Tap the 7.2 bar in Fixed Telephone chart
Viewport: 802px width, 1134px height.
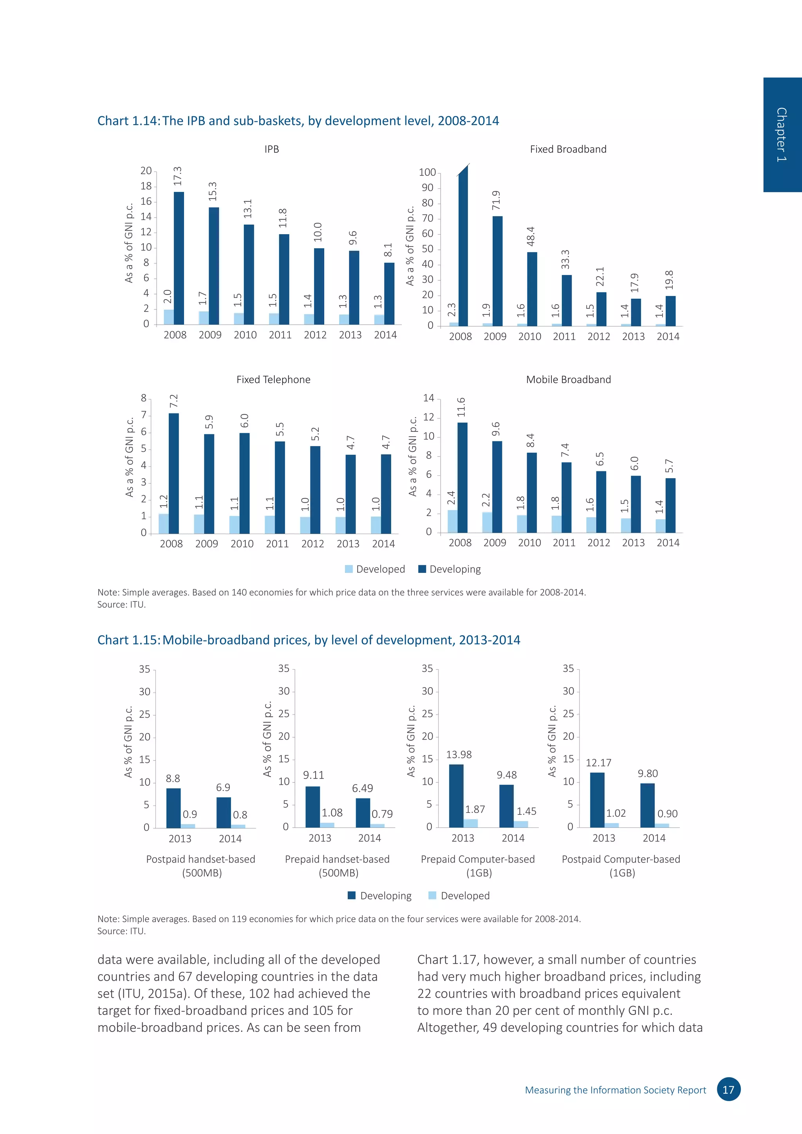click(174, 473)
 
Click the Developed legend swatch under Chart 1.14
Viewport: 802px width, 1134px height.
click(349, 569)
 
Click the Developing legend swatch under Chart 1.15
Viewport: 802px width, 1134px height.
click(352, 896)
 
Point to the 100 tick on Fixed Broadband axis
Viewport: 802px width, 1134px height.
click(427, 172)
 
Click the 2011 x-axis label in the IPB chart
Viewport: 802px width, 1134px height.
click(280, 335)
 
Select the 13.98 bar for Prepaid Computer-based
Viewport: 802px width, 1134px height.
click(456, 796)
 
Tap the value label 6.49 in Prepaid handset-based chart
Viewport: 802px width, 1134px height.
click(363, 788)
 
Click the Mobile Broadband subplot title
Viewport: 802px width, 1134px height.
click(569, 379)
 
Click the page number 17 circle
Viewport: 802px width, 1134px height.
click(728, 1089)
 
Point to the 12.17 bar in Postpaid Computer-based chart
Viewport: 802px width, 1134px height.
click(597, 800)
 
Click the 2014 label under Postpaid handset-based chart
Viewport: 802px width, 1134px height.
click(230, 839)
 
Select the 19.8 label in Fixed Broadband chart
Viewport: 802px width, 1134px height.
click(669, 280)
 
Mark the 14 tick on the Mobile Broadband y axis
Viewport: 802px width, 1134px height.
click(429, 398)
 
